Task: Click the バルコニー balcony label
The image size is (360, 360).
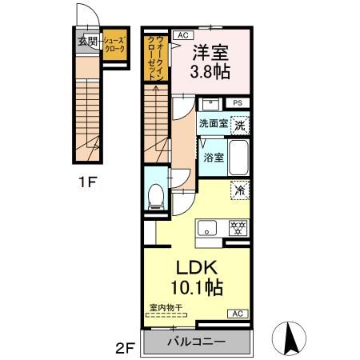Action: point(195,342)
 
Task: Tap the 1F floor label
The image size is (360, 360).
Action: point(87,180)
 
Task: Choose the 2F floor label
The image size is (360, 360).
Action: point(123,347)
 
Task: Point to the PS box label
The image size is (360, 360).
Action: point(238,102)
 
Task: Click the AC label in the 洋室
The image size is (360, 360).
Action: point(182,35)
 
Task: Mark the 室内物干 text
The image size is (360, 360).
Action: point(166,306)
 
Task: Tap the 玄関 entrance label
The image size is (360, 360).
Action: point(86,42)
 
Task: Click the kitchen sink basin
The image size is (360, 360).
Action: point(208,227)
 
